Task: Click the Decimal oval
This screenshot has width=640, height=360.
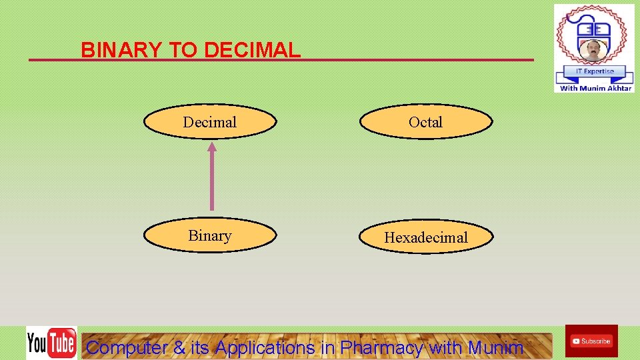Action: point(210,122)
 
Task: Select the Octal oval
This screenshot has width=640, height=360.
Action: point(426,122)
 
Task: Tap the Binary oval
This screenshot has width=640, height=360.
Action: point(210,236)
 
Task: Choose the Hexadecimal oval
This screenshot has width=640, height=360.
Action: point(426,237)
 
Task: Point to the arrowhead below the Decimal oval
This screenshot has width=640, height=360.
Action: point(212,147)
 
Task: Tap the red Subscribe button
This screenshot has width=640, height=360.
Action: point(591,341)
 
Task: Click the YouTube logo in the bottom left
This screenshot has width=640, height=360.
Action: point(51,343)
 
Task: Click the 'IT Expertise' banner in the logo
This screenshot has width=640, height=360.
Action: point(594,71)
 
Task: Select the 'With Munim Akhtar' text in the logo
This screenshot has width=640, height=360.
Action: point(595,88)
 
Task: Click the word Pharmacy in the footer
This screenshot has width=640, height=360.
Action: point(381,347)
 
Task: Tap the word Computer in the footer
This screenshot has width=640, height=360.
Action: point(127,347)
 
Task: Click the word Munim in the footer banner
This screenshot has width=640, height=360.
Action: point(495,347)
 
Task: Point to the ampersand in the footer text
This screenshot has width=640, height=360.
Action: point(179,347)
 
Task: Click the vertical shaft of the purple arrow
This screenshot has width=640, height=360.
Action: point(212,180)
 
